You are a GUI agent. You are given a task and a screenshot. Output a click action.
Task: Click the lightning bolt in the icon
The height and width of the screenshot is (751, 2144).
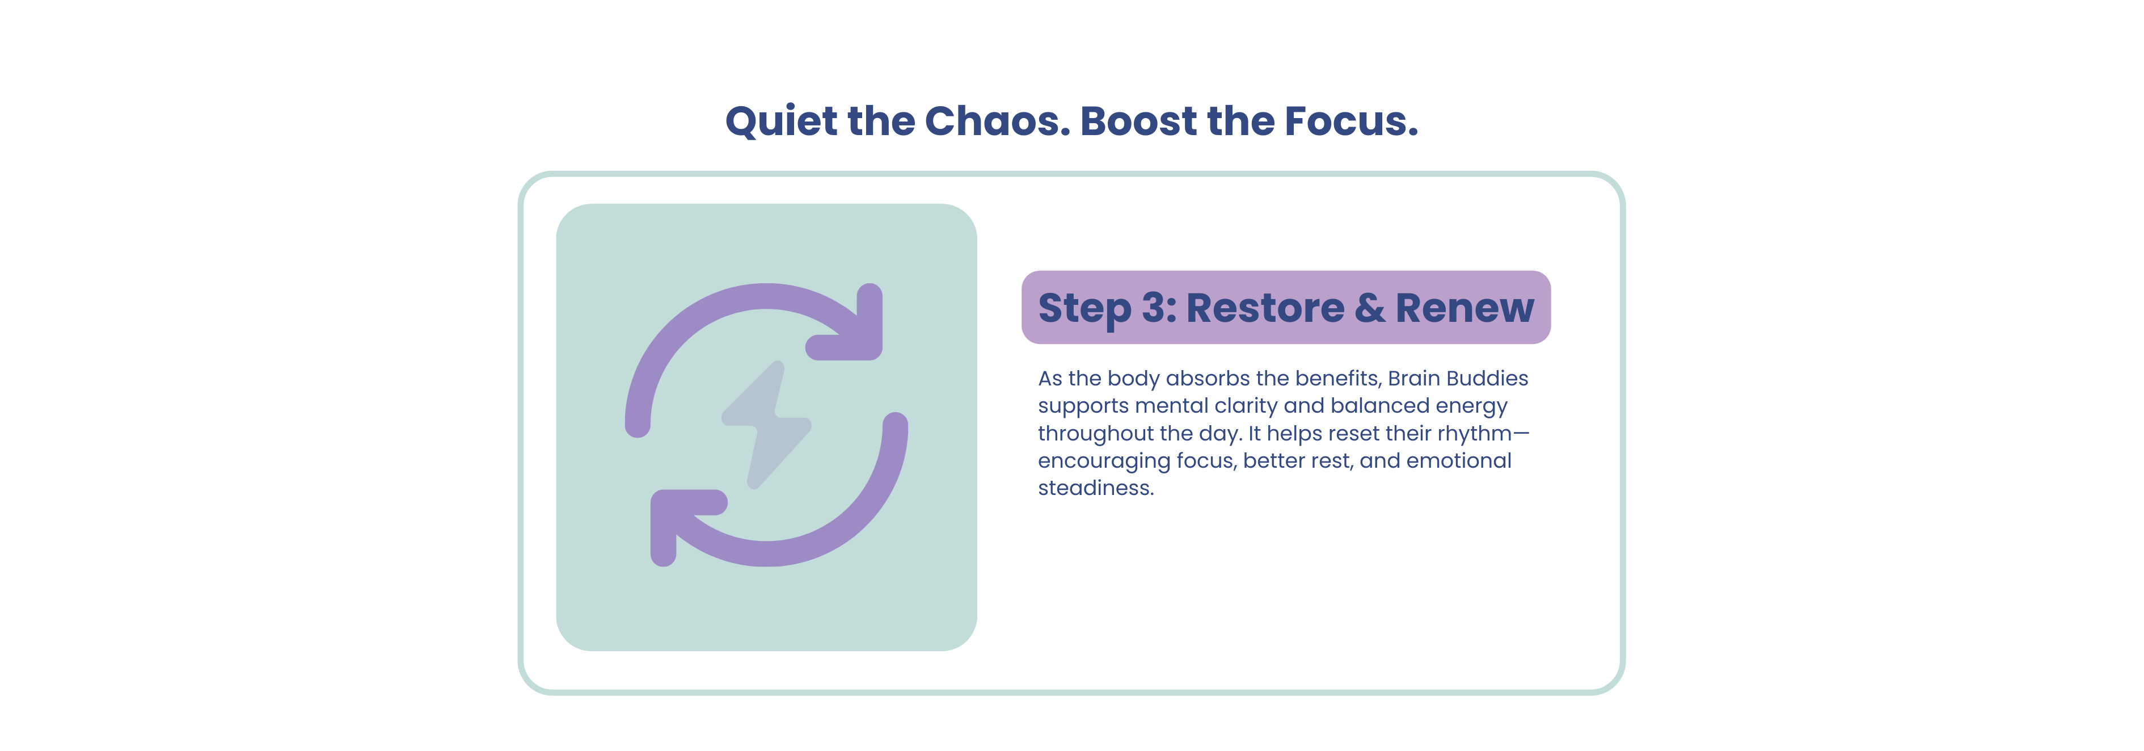(x=766, y=425)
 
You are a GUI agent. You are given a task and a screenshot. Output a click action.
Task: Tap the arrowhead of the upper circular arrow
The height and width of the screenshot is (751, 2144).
(x=853, y=329)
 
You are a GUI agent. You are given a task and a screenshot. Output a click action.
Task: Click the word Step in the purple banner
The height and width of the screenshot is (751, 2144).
(x=1084, y=309)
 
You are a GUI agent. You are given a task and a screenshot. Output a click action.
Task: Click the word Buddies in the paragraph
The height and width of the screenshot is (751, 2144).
(x=1487, y=378)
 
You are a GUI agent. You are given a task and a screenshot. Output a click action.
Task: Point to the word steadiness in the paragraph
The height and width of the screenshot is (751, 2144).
(x=1095, y=488)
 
